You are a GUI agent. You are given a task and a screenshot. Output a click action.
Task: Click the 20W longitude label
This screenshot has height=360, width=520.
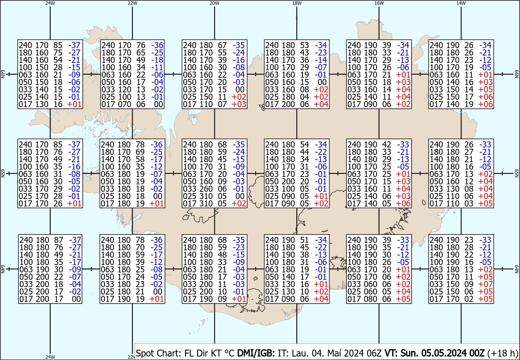(214, 3)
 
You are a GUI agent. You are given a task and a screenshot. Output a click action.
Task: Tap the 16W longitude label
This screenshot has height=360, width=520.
(379, 3)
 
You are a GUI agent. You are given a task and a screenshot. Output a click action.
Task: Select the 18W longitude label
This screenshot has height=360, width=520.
(296, 3)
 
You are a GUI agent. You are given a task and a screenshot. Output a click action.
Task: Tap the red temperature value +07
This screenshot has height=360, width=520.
(485, 284)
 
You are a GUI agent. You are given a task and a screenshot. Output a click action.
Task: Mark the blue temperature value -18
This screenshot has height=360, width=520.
(156, 60)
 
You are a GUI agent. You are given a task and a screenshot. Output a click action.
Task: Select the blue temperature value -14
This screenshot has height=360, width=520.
(321, 60)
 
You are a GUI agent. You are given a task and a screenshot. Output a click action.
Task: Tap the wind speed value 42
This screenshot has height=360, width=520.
(387, 144)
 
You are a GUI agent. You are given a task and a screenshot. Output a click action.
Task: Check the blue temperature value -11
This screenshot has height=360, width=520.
(156, 67)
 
